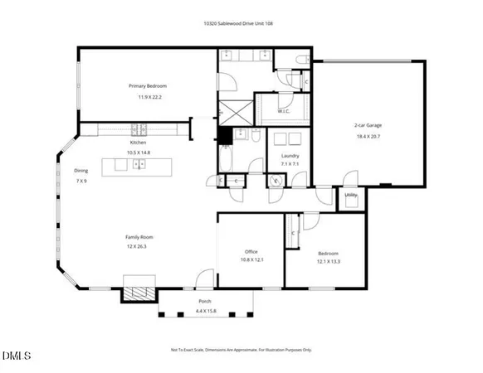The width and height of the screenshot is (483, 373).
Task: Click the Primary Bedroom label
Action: [148, 86]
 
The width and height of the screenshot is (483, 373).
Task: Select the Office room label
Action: [251, 251]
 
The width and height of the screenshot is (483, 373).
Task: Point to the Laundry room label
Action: [290, 156]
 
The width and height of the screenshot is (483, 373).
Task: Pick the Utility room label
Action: [351, 195]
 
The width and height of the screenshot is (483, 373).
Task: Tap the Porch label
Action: [204, 302]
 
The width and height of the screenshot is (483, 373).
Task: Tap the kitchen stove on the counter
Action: [142, 129]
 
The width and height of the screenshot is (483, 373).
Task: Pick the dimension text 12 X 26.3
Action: [139, 246]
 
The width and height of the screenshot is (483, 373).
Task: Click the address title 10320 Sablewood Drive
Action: [241, 23]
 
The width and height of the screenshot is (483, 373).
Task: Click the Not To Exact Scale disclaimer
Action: [242, 350]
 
